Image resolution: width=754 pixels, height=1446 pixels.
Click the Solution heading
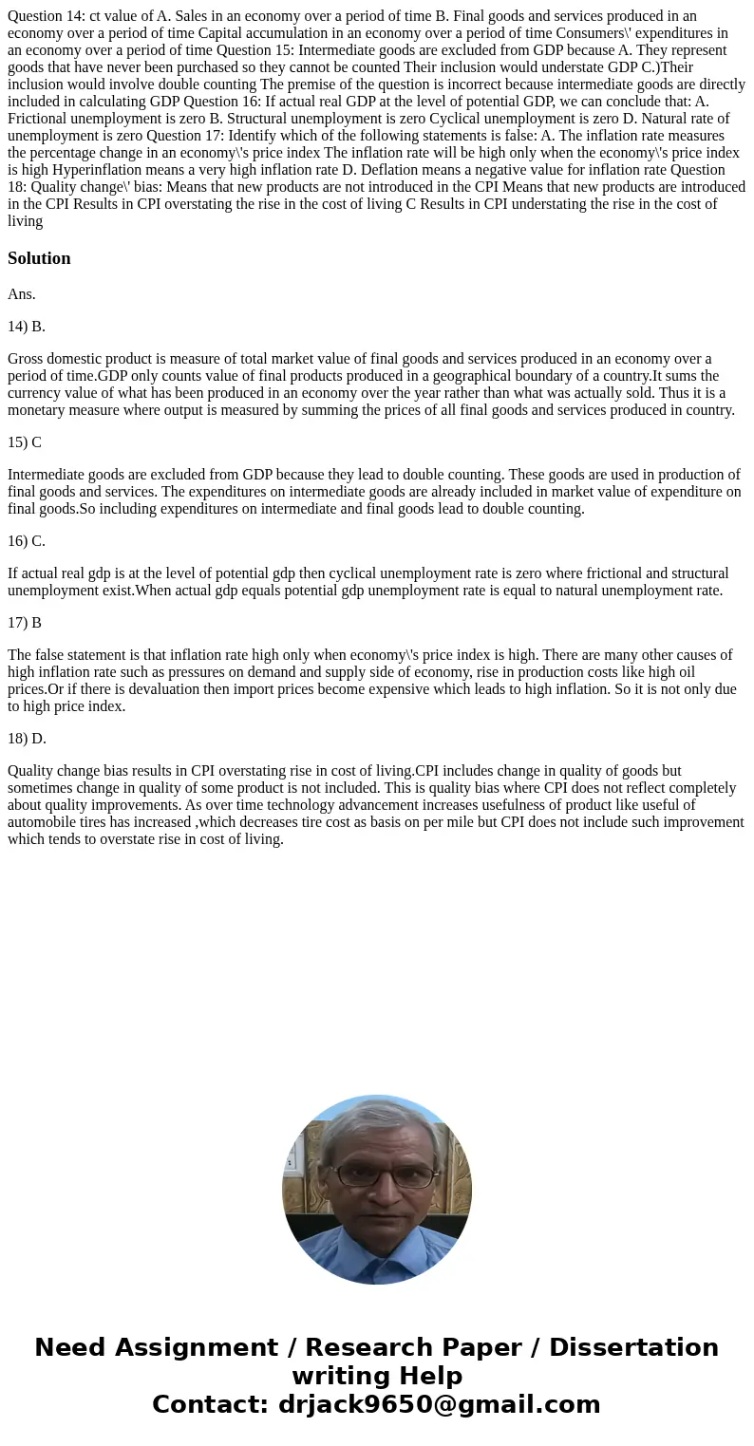pos(39,258)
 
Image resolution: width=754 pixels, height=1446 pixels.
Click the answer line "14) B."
pos(27,327)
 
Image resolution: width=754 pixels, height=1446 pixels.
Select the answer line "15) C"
pos(25,442)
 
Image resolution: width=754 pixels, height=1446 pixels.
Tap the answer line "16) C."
pos(27,541)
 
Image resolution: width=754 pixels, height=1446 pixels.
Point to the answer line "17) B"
pos(25,623)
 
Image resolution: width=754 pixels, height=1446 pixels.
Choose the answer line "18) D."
pos(27,739)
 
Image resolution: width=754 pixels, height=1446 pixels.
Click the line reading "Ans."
pos(22,294)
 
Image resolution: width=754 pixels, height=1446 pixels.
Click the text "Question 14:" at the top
pos(46,16)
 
